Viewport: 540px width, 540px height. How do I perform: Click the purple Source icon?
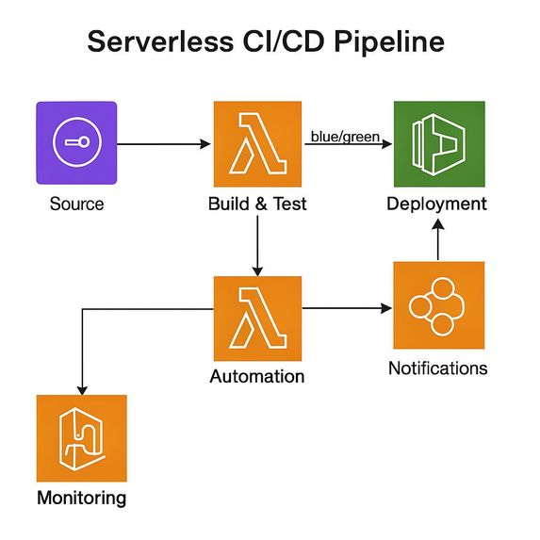coord(76,142)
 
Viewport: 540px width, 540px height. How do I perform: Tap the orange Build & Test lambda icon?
coord(257,142)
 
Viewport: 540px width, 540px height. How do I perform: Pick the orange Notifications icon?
coord(438,307)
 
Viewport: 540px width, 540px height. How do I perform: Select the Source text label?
coord(76,204)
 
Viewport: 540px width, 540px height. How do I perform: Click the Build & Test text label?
coord(257,204)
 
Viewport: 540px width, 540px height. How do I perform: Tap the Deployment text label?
coord(437,204)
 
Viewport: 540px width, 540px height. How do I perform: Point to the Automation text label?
coord(257,376)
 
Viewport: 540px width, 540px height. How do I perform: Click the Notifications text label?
coord(438,368)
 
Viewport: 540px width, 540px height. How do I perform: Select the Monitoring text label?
coord(81,497)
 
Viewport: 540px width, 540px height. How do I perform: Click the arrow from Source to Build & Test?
coord(165,144)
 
